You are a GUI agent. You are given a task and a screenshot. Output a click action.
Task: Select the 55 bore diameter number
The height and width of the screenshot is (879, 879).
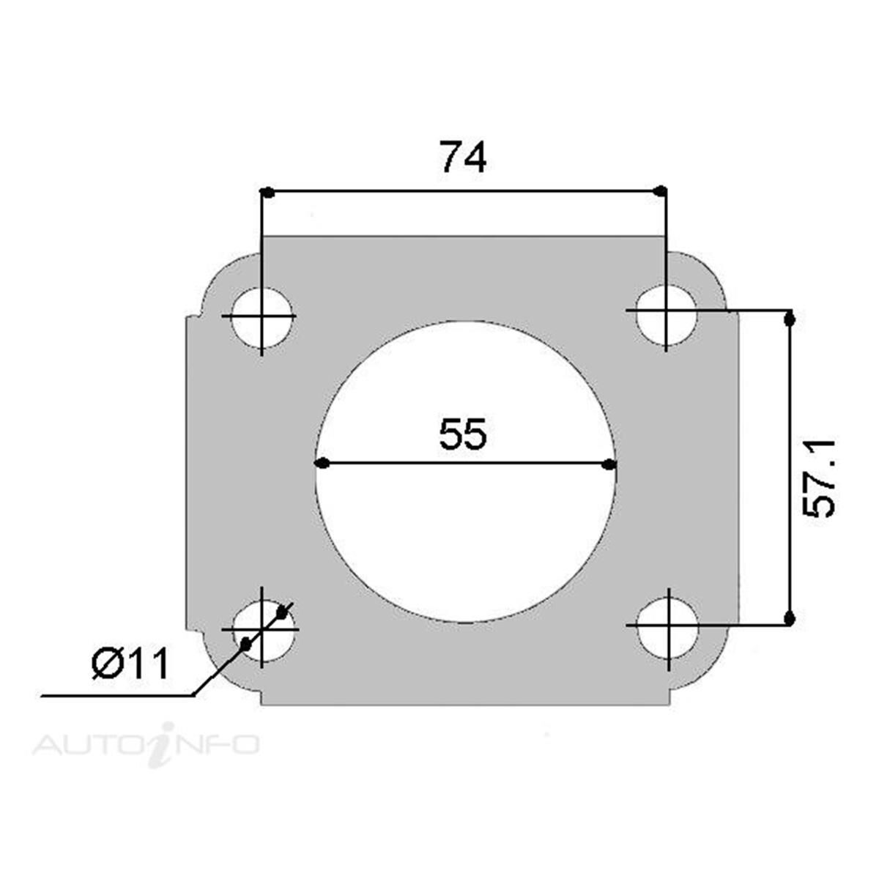463,435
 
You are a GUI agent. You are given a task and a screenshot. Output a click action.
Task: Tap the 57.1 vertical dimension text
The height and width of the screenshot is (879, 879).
820,478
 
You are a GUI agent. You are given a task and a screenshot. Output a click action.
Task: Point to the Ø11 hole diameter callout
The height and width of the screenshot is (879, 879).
130,664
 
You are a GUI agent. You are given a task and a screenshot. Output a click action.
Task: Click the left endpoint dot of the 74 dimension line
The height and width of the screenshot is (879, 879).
267,193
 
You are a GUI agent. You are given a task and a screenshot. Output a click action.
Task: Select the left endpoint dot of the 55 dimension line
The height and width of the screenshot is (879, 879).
320,464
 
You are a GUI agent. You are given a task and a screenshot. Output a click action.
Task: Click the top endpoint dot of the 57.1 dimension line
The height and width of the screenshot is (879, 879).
789,319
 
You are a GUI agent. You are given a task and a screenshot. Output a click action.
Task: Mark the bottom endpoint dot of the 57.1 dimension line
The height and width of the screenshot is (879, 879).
789,619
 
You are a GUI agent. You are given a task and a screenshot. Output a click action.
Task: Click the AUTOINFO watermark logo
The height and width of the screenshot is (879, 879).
146,744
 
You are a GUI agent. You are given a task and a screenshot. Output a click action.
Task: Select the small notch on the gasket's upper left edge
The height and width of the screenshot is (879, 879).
191,317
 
